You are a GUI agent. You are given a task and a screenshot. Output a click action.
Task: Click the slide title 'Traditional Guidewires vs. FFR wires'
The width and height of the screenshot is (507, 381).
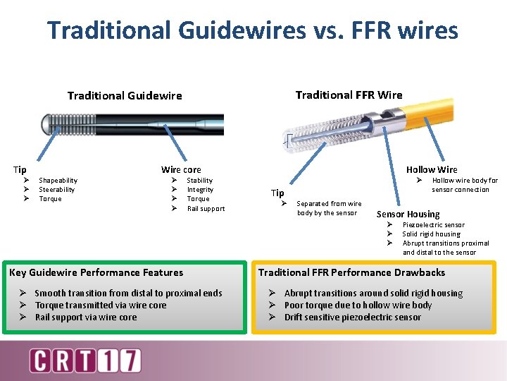click(253, 30)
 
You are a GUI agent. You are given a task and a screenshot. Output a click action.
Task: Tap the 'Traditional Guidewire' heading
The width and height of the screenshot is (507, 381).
click(125, 96)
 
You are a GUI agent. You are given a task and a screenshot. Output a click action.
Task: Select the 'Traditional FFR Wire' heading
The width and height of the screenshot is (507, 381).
click(349, 95)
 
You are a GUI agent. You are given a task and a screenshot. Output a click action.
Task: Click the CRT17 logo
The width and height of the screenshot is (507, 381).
click(84, 361)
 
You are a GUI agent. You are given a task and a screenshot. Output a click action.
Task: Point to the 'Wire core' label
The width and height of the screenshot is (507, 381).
click(181, 169)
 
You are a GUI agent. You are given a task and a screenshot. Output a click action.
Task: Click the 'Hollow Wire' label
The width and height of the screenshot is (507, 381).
click(431, 169)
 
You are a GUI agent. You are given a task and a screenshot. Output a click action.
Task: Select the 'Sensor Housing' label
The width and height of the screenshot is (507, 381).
click(408, 214)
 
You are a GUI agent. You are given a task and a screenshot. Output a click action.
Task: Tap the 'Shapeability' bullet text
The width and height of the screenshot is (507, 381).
click(58, 181)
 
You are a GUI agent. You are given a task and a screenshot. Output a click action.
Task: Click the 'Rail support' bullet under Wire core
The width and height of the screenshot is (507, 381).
click(206, 208)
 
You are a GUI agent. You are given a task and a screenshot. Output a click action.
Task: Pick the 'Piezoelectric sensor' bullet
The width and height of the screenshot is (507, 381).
click(433, 225)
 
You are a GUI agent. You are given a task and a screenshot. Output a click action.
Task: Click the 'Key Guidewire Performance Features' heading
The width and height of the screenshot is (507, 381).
click(96, 272)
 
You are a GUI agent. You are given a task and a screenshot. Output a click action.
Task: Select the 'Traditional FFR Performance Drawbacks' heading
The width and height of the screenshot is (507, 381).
click(351, 272)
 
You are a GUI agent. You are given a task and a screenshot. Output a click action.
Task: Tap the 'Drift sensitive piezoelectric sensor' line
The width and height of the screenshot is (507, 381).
click(352, 317)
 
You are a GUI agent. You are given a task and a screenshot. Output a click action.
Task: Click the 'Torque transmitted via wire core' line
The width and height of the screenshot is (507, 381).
click(101, 306)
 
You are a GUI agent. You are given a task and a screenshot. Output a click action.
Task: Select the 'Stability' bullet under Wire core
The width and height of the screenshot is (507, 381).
click(199, 181)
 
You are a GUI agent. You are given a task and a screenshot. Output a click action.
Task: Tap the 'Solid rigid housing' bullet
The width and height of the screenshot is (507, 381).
click(431, 234)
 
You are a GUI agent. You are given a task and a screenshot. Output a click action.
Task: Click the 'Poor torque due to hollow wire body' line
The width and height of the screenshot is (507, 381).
click(358, 306)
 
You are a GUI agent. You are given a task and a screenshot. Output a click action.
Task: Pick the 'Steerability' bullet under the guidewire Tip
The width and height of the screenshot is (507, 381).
click(56, 190)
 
